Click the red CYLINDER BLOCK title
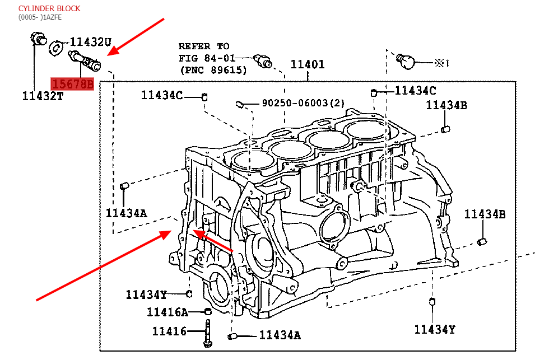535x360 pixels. [x=49, y=8]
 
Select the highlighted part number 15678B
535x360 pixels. [x=72, y=84]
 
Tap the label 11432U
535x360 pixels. [x=91, y=42]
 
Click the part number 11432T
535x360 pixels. [x=43, y=96]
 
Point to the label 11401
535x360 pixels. [x=307, y=64]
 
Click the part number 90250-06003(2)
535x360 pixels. [x=303, y=103]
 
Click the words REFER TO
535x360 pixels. [x=203, y=46]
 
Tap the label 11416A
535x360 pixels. [x=168, y=312]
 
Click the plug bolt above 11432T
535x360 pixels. [x=38, y=40]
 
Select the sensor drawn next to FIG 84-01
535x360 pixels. [x=262, y=60]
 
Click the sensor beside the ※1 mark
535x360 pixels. [x=406, y=60]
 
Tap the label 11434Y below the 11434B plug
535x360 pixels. [x=435, y=329]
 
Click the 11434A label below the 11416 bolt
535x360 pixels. [x=280, y=335]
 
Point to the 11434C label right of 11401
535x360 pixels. [x=415, y=90]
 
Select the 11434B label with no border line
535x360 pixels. [x=485, y=213]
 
